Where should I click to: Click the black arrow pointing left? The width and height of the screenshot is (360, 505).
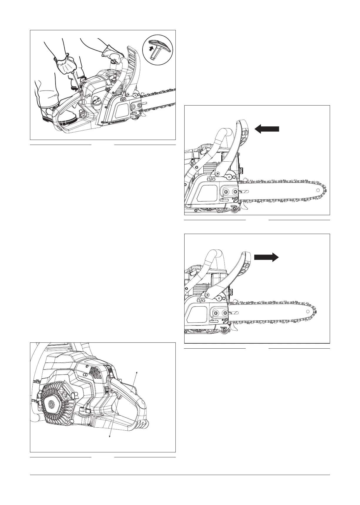pyautogui.click(x=267, y=129)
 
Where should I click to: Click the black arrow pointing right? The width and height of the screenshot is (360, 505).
pyautogui.click(x=266, y=257)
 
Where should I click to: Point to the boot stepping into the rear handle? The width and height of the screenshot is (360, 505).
pyautogui.click(x=51, y=113)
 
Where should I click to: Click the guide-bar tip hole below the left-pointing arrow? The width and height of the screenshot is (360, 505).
pyautogui.click(x=318, y=190)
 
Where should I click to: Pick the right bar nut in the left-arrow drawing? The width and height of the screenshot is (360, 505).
pyautogui.click(x=235, y=192)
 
